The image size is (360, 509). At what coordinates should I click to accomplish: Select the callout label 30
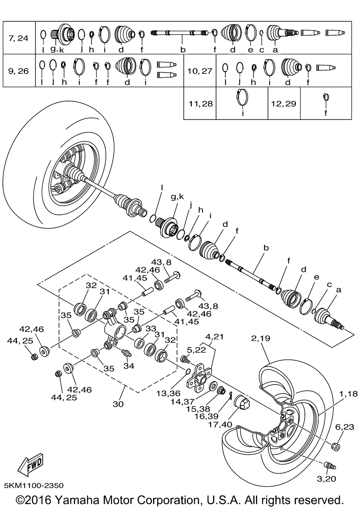point(118,404)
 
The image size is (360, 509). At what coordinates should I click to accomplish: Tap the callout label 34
point(129,366)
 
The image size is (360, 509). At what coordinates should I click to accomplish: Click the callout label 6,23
point(345,427)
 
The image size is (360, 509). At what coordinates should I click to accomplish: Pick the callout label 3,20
point(327,479)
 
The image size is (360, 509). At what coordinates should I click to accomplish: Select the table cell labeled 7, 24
point(18,38)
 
